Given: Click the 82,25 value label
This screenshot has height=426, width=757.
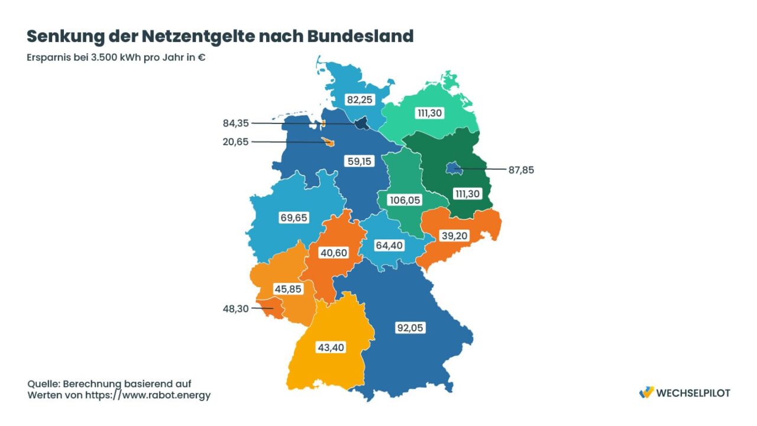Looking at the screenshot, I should (360, 100).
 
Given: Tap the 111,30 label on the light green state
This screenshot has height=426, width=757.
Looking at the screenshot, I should (429, 113).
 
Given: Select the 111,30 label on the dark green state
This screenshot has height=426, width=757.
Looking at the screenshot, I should (468, 193).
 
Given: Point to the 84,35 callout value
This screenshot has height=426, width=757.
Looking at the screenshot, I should (235, 123).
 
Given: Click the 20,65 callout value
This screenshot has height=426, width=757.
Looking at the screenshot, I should (235, 142).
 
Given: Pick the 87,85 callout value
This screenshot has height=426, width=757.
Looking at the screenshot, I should (521, 170).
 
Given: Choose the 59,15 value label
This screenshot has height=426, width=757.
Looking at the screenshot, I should (360, 161).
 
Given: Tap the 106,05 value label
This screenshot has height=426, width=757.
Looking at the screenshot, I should (405, 200).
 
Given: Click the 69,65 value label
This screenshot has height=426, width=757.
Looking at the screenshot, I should (293, 217).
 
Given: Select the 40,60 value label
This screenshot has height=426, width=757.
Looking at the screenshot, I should (333, 253).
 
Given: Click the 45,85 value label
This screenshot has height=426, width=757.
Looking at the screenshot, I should (288, 289).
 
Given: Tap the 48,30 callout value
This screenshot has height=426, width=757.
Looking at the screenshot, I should (235, 308).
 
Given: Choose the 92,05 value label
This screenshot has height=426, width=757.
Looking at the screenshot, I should (409, 327).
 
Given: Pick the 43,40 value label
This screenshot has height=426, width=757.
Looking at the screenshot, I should (331, 347).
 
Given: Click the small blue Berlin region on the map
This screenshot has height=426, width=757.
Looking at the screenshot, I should (453, 170).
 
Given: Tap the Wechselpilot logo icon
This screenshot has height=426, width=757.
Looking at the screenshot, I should (647, 392).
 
